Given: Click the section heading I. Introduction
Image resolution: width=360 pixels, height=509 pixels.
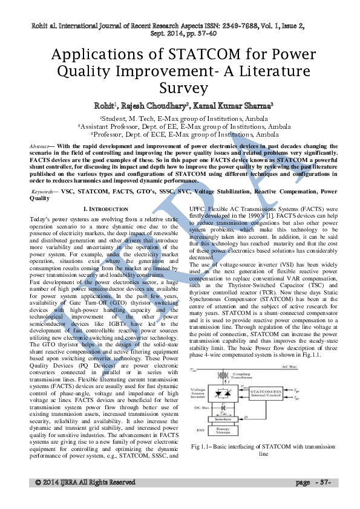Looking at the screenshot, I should pyautogui.click(x=106, y=209).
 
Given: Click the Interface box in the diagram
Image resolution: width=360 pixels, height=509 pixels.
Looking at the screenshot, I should pyautogui.click(x=224, y=418).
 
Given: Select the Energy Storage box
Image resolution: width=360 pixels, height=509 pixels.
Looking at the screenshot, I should pyautogui.click(x=224, y=430).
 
